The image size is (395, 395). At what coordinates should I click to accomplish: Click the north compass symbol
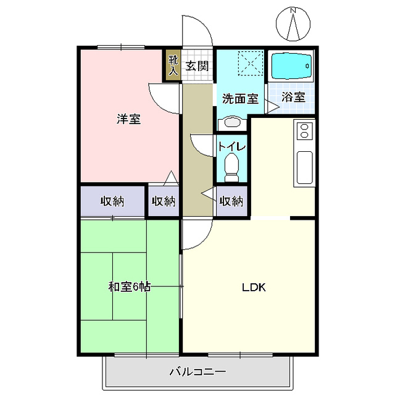[293, 24]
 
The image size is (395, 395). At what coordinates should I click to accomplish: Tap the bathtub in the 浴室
[291, 65]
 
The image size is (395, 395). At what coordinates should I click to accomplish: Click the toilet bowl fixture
[231, 167]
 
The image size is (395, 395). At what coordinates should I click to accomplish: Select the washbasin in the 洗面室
[232, 123]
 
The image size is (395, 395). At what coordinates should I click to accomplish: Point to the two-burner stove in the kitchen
[304, 131]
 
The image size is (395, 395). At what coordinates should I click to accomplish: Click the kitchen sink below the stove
[305, 167]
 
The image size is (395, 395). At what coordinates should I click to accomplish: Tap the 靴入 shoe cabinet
[173, 65]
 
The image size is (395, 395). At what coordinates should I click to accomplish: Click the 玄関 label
[197, 66]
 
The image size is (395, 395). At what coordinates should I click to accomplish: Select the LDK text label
[254, 287]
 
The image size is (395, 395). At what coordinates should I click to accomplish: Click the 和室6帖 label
[129, 286]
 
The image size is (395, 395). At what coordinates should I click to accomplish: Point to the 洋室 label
[129, 119]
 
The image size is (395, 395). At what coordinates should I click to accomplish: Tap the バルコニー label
[197, 372]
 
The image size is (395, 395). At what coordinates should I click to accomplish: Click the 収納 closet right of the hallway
[232, 201]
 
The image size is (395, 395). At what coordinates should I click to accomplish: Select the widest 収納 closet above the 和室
[112, 201]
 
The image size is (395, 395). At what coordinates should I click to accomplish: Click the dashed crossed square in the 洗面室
[251, 63]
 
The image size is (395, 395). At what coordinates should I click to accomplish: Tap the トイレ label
[232, 146]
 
